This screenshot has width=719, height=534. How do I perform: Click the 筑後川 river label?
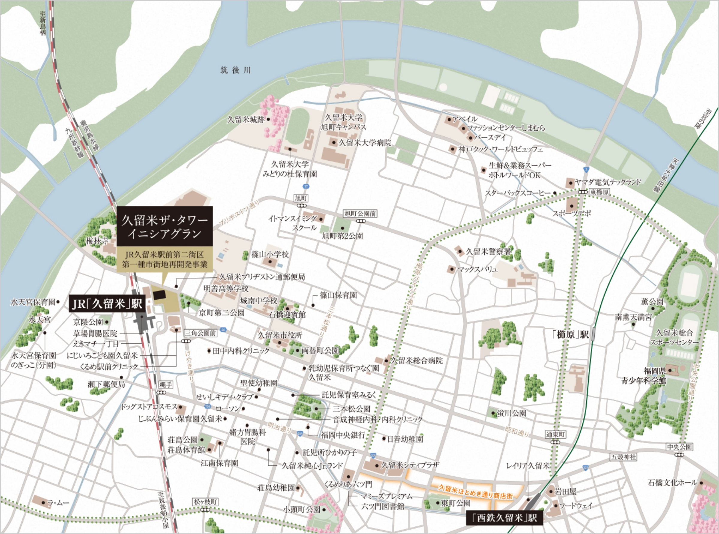point(235,70)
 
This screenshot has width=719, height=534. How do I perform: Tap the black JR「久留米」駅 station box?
point(107,304)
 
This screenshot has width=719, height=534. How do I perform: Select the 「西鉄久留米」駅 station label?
point(504,518)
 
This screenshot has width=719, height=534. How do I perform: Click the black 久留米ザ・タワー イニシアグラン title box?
point(164,227)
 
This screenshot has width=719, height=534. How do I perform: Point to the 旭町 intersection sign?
point(300,198)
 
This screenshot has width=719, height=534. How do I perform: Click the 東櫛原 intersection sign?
point(599,192)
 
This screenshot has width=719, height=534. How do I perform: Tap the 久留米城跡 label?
point(246,120)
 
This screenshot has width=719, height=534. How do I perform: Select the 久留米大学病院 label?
point(365,143)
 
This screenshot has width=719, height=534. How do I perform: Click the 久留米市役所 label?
point(280,335)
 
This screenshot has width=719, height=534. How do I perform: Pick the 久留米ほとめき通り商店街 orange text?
point(475,492)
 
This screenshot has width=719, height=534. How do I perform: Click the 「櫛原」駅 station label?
point(571,334)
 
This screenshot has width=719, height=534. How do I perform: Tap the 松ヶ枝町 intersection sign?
point(206,502)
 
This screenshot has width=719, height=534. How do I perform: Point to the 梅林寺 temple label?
point(97,241)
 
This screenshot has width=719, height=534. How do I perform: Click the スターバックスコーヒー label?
point(517,193)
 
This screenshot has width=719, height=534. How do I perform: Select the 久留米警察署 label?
point(488,251)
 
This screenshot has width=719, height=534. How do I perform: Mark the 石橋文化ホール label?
point(673,482)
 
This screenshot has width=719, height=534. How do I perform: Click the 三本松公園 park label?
point(352,409)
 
